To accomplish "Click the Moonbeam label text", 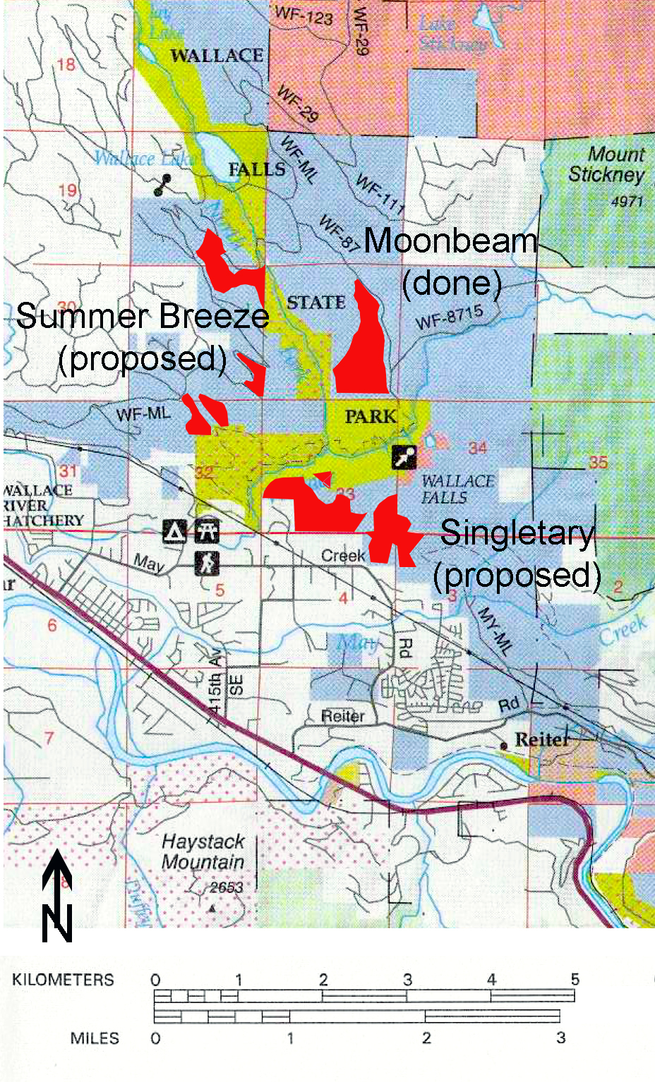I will click(x=450, y=241).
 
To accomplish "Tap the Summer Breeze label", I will click(x=143, y=316).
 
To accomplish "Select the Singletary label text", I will click(x=517, y=533).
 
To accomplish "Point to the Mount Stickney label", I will click(x=606, y=164).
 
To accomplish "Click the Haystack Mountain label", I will click(x=203, y=851).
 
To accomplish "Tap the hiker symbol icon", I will click(x=206, y=562).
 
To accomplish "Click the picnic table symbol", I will click(x=206, y=530).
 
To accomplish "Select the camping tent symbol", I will click(x=174, y=530).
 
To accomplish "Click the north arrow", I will click(x=56, y=896).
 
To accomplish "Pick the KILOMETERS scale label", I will click(x=63, y=980).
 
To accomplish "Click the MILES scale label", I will click(x=95, y=1038).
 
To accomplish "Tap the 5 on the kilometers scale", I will click(x=575, y=979).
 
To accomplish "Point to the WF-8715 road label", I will click(x=449, y=317).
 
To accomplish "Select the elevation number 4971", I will click(x=627, y=202).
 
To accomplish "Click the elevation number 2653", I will click(x=226, y=887).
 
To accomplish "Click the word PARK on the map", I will click(x=371, y=416).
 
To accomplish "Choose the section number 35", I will click(x=598, y=462).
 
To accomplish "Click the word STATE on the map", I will click(x=316, y=303).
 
